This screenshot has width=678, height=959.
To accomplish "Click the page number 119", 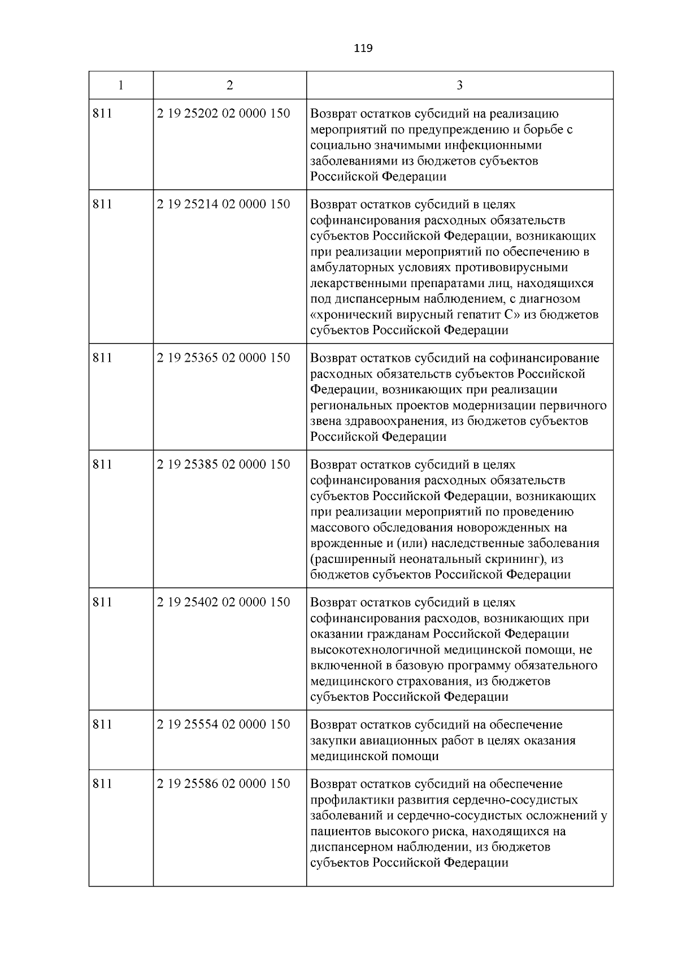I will coord(363,49).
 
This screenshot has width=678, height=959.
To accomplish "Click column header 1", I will coord(120,85).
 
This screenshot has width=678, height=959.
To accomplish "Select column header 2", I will coord(229,85).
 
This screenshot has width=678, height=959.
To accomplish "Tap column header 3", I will coord(459,85).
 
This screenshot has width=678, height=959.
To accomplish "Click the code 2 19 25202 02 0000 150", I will coord(223,114).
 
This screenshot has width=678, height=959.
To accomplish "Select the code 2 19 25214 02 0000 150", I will coord(223,204).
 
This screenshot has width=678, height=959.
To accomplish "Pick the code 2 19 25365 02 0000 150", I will coord(223,358).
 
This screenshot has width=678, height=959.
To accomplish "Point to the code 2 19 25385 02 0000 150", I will coord(223,464).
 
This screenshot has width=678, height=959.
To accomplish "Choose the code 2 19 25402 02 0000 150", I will coord(223,602).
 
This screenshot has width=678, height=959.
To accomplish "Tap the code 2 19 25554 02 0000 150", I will coord(223,724).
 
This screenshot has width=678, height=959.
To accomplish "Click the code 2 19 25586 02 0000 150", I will coord(223,783).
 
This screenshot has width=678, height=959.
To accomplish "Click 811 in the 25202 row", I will coord(102,114).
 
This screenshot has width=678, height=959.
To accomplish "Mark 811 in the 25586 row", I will coord(102,783).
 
